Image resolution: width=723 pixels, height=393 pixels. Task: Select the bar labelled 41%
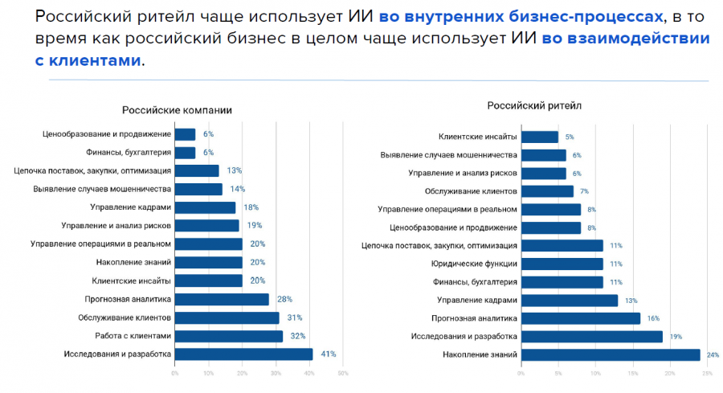pyautogui.click(x=243, y=354)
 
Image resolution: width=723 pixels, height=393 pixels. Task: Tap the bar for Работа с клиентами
pyautogui.click(x=228, y=336)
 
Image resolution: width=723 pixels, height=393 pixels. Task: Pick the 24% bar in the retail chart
pyautogui.click(x=611, y=354)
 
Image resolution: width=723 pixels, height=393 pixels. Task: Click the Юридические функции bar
pyautogui.click(x=562, y=264)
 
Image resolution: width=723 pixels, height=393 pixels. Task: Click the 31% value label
pyautogui.click(x=293, y=317)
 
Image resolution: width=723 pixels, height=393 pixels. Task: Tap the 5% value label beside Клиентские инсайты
pyautogui.click(x=570, y=137)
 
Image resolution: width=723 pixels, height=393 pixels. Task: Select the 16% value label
pyautogui.click(x=652, y=318)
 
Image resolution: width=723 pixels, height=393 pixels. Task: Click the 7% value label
pyautogui.click(x=585, y=191)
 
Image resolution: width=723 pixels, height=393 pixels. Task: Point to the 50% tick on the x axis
pyautogui.click(x=343, y=373)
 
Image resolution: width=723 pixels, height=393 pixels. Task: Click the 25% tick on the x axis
pyautogui.click(x=707, y=373)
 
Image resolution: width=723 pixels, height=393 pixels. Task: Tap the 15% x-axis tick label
pyautogui.click(x=633, y=373)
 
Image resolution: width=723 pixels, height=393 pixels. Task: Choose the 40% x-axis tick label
pyautogui.click(x=309, y=373)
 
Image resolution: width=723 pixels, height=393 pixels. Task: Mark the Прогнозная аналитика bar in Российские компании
pyautogui.click(x=222, y=299)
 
